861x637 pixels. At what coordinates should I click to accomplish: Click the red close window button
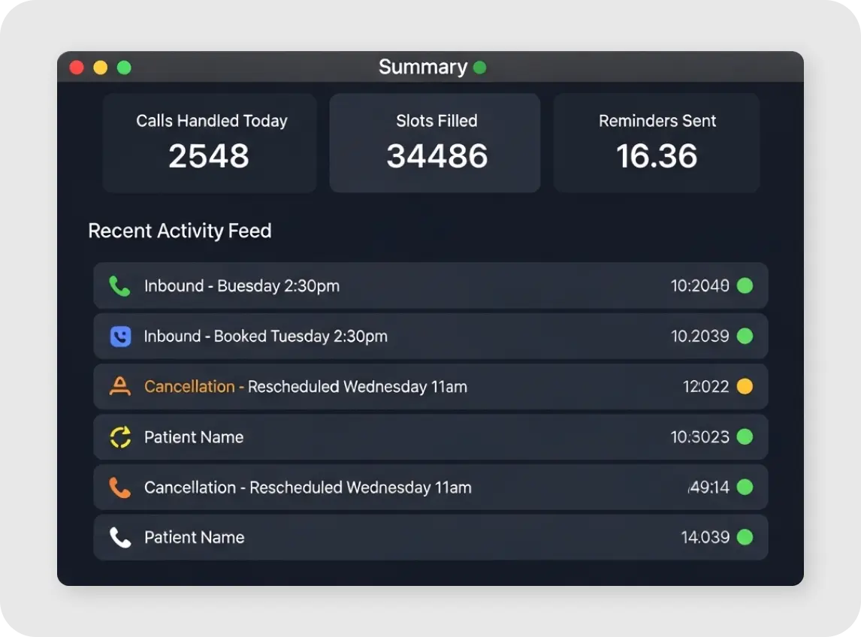click(77, 68)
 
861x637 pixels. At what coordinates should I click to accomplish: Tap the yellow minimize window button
click(100, 68)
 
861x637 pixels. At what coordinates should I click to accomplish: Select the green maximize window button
click(124, 68)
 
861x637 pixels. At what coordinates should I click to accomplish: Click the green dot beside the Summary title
click(479, 68)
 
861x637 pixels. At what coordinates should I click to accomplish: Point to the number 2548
click(209, 156)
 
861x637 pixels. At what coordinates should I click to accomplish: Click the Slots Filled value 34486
click(437, 156)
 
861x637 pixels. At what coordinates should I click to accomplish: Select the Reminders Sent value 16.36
click(657, 156)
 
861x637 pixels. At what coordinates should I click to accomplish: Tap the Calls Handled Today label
click(212, 121)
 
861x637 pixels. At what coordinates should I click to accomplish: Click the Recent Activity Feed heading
click(180, 231)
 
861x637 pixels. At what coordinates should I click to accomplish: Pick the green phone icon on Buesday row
click(119, 286)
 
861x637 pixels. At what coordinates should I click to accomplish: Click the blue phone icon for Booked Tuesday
click(120, 337)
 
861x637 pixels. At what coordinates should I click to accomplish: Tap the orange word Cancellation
click(189, 387)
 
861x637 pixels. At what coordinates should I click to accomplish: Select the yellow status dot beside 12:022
click(745, 387)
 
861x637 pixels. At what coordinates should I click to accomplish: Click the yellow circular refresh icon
click(120, 437)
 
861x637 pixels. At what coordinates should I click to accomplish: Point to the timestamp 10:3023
click(699, 437)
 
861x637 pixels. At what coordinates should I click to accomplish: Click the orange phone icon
click(119, 488)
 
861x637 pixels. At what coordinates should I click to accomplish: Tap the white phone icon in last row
click(119, 538)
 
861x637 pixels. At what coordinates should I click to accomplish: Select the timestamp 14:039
click(705, 538)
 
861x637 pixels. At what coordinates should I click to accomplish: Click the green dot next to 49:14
click(745, 488)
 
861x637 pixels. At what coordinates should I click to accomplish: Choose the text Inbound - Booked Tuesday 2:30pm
click(265, 337)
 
